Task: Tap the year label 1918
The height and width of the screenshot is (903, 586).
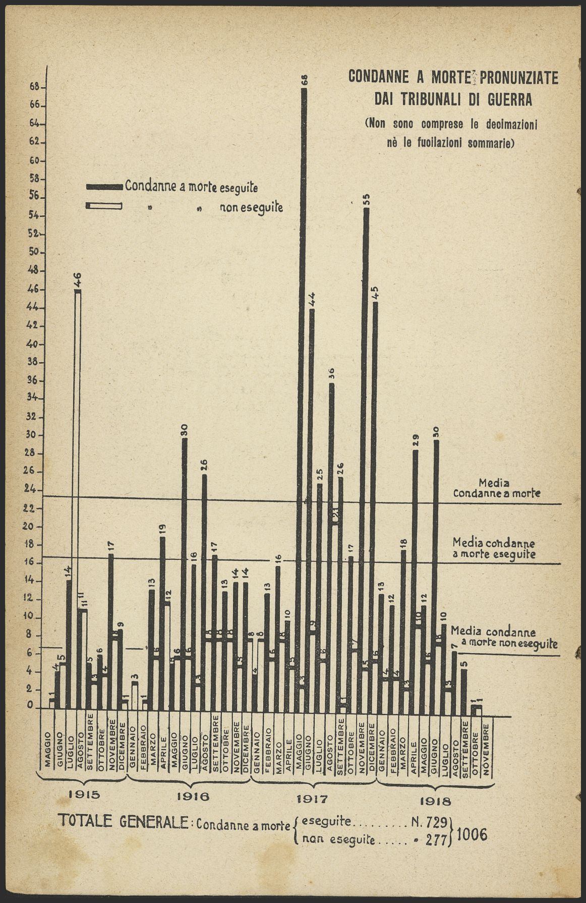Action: click(x=435, y=801)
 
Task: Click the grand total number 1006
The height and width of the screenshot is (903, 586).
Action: click(x=472, y=834)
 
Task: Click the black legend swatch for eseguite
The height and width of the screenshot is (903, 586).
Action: click(x=104, y=187)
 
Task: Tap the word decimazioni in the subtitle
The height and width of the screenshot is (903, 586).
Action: click(x=510, y=124)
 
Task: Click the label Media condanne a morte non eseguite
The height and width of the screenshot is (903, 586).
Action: click(x=504, y=638)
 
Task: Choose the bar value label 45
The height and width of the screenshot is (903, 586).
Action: click(x=375, y=293)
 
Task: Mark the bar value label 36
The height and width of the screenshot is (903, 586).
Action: click(x=331, y=374)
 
